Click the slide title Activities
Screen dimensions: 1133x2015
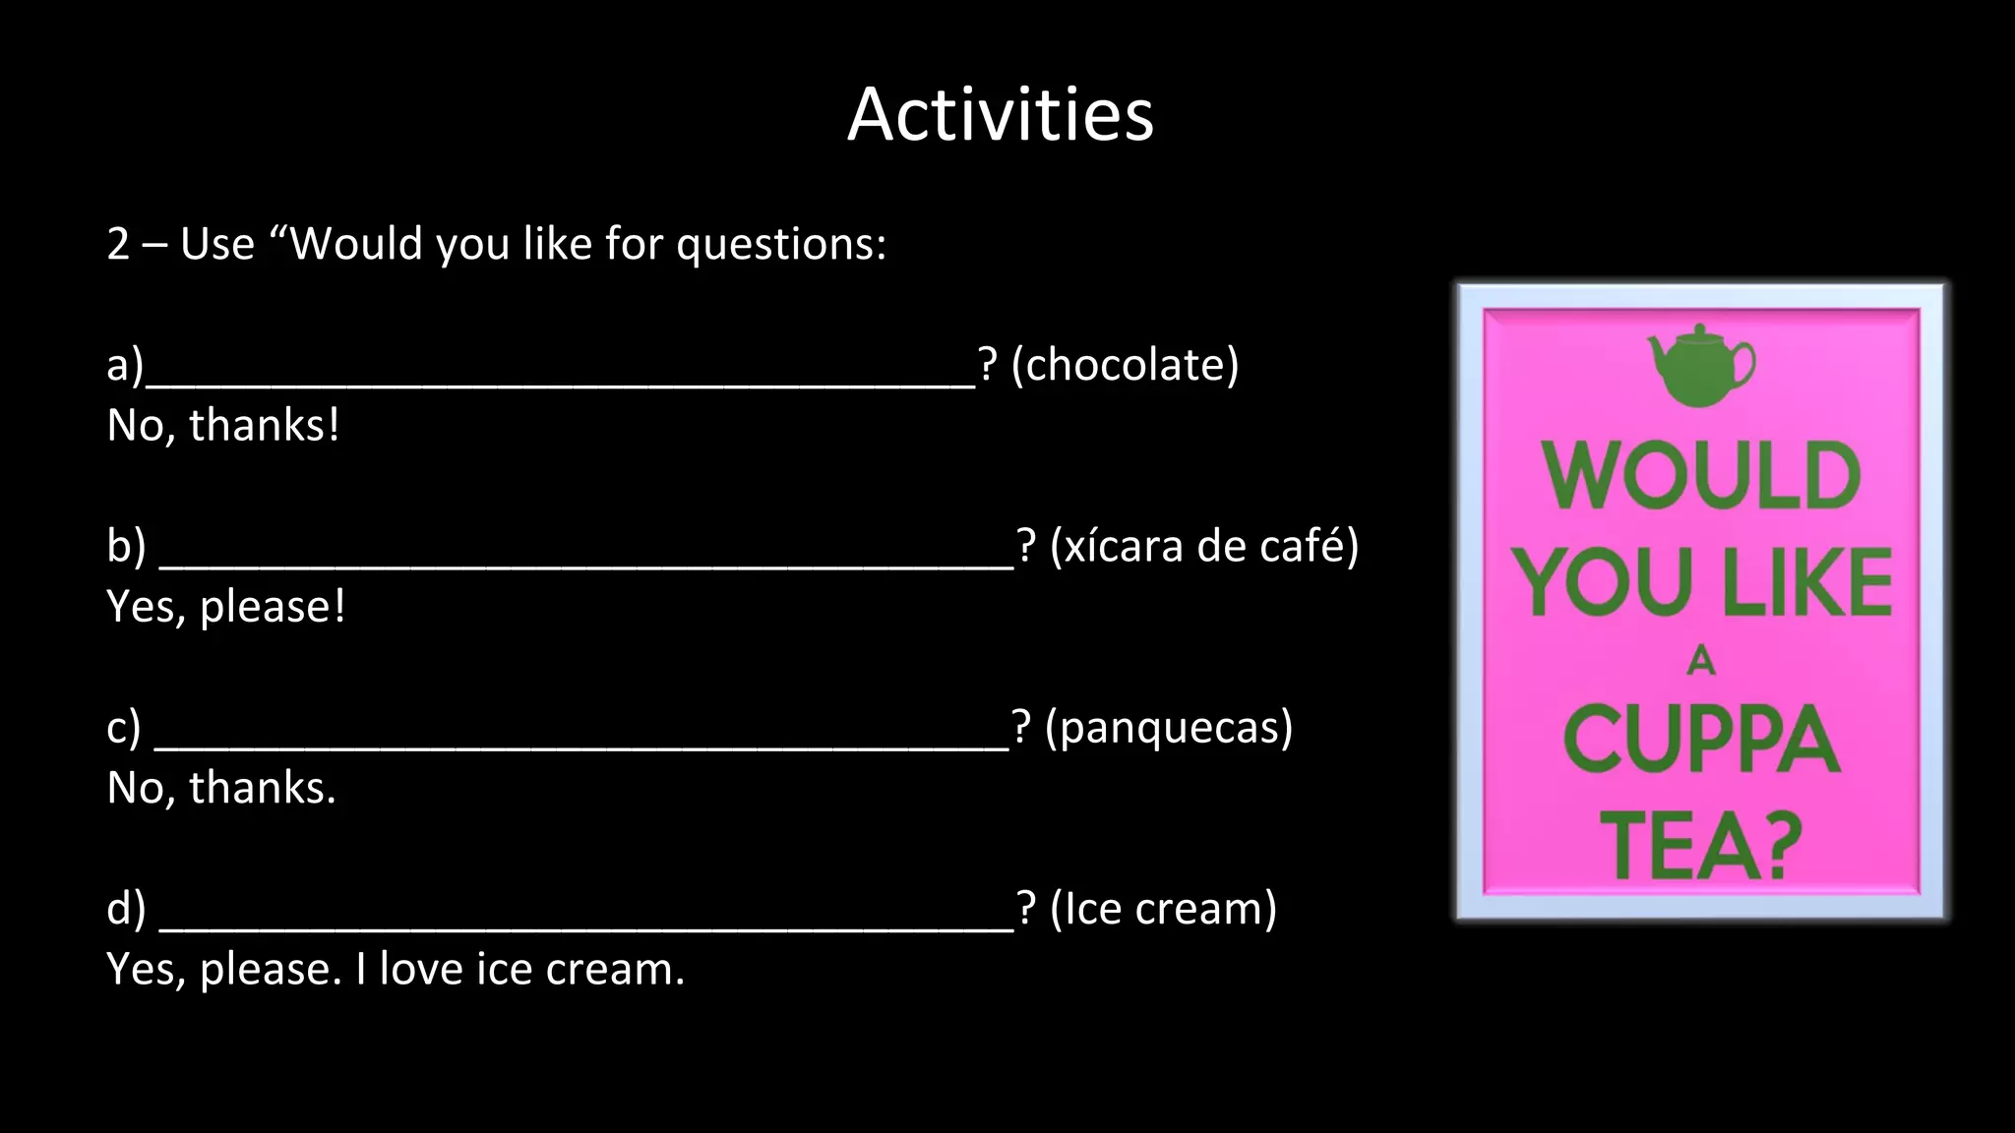(1000, 115)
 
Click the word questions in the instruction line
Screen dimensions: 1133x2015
(781, 245)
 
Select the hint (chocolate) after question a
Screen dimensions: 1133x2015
(1125, 365)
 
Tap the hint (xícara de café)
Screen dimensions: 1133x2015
(1203, 546)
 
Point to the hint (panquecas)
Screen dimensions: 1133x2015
(1168, 728)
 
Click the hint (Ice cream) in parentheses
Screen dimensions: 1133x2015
(1163, 909)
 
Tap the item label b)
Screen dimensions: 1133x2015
(126, 547)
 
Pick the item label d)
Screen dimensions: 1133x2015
(126, 909)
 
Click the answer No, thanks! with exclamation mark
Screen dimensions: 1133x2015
(223, 426)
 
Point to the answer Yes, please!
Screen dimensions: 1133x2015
(226, 607)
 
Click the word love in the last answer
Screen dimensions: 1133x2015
(422, 970)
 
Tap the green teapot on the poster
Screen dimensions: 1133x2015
(1700, 366)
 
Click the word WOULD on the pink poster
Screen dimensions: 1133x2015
(1701, 477)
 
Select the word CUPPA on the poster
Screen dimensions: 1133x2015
(1701, 740)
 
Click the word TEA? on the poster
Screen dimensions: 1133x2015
(1701, 846)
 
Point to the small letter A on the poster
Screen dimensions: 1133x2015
(1701, 661)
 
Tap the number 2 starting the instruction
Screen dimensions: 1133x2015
(118, 245)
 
